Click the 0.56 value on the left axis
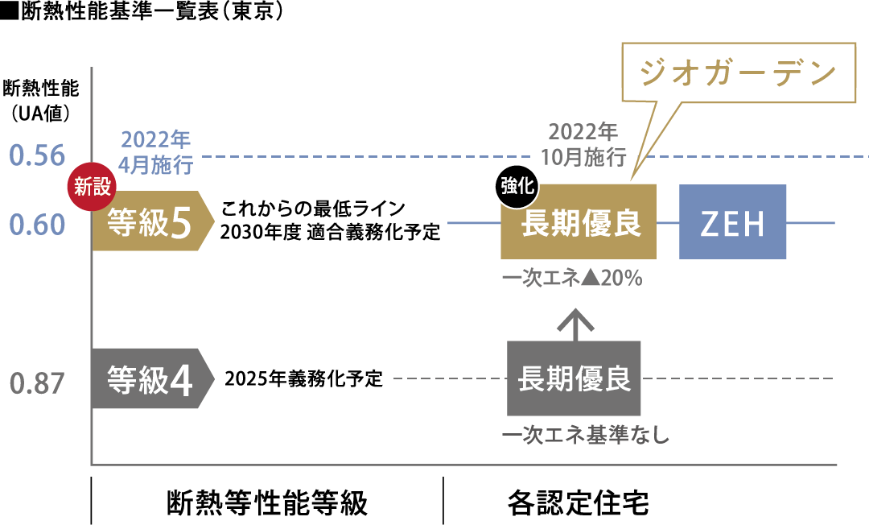point(36,155)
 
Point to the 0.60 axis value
point(36,225)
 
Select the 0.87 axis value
point(36,384)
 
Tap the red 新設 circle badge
point(91,188)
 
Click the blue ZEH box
point(732,222)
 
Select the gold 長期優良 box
point(579,223)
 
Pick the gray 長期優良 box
point(574,378)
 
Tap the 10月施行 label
point(583,155)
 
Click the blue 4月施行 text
point(156,166)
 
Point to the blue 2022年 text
point(156,139)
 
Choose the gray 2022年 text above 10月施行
point(583,131)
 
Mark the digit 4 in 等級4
point(181,382)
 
